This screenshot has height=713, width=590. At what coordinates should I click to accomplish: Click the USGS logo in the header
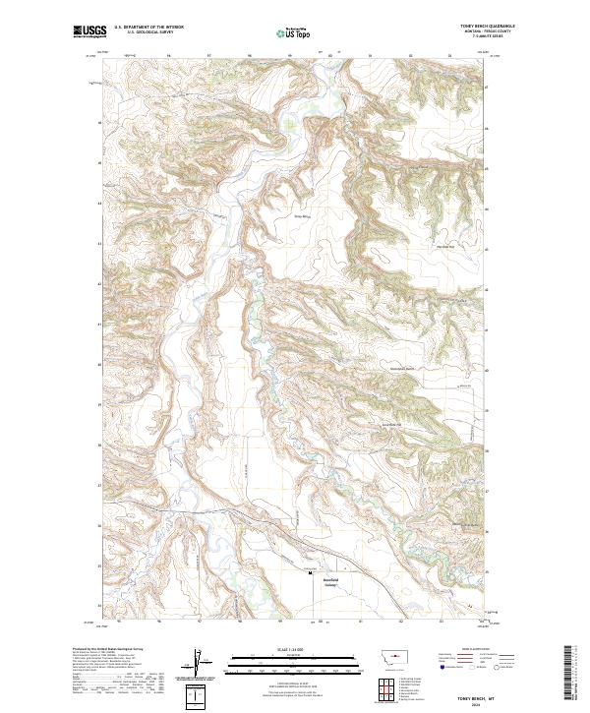(88, 31)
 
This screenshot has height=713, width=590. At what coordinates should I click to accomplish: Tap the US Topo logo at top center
(296, 32)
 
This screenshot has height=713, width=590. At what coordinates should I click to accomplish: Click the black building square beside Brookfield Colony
(311, 572)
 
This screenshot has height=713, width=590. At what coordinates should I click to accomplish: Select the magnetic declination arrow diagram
(198, 663)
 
